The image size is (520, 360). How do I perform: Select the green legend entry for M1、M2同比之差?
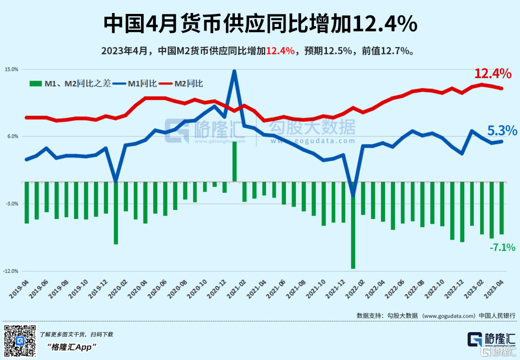pyautogui.click(x=70, y=84)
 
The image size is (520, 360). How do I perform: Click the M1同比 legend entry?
pyautogui.click(x=138, y=84)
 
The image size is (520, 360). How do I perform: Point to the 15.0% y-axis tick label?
pyautogui.click(x=12, y=69)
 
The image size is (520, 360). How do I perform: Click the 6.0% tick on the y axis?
pyautogui.click(x=13, y=136)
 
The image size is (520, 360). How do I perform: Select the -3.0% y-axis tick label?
pyautogui.click(x=12, y=204)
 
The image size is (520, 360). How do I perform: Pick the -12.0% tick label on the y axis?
pyautogui.click(x=11, y=271)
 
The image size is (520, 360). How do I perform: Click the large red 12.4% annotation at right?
pyautogui.click(x=493, y=74)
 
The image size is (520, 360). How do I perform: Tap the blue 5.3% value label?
pyautogui.click(x=502, y=130)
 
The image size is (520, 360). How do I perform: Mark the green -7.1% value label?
pyautogui.click(x=502, y=248)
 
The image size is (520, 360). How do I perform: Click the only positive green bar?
pyautogui.click(x=234, y=161)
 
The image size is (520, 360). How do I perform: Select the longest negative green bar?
pyautogui.click(x=353, y=225)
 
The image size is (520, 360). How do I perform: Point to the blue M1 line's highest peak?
pyautogui.click(x=234, y=71)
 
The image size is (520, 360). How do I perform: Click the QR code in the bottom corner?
pyautogui.click(x=20, y=341)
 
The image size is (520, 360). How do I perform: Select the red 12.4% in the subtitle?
pyautogui.click(x=280, y=51)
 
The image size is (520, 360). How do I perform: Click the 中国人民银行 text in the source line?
pyautogui.click(x=497, y=315)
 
